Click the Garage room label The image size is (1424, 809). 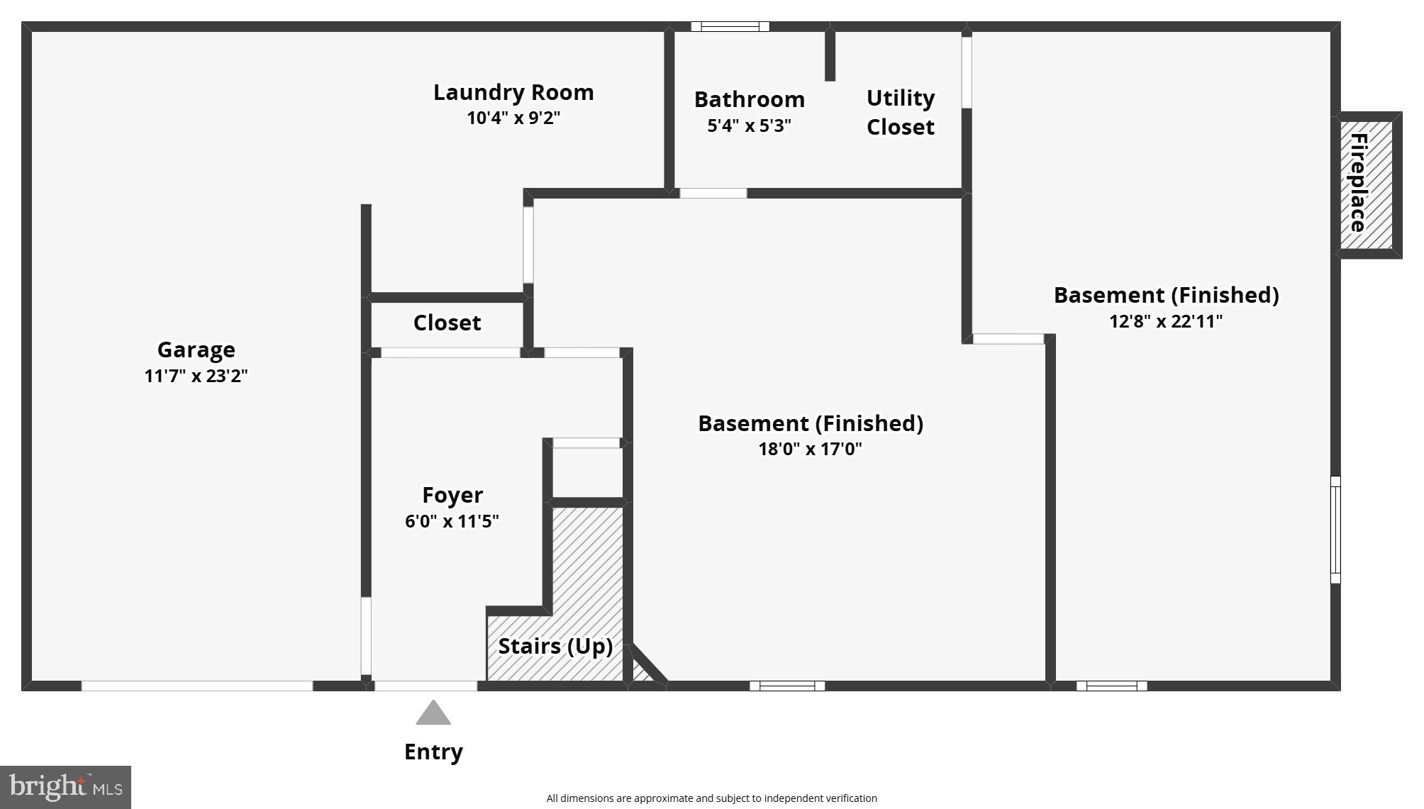[196, 350]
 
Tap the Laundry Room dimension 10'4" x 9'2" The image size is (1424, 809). [513, 118]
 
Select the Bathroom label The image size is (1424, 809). [749, 99]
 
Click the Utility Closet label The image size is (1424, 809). [900, 112]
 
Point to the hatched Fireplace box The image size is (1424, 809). [1366, 184]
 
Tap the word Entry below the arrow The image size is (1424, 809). [433, 752]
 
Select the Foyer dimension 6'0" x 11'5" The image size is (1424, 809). [452, 521]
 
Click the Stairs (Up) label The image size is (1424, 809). [555, 646]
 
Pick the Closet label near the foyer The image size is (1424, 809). [447, 323]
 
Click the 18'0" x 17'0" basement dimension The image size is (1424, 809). [810, 449]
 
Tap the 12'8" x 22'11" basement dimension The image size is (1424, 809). [1166, 321]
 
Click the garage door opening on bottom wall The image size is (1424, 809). [196, 686]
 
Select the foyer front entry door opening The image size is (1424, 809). [425, 686]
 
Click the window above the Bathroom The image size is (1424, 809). [730, 27]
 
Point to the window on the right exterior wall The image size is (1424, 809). [1335, 530]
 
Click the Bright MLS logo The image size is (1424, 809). [65, 787]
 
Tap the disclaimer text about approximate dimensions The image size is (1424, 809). [711, 798]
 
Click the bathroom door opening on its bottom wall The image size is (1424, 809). [713, 193]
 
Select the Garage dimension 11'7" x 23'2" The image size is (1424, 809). [196, 376]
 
